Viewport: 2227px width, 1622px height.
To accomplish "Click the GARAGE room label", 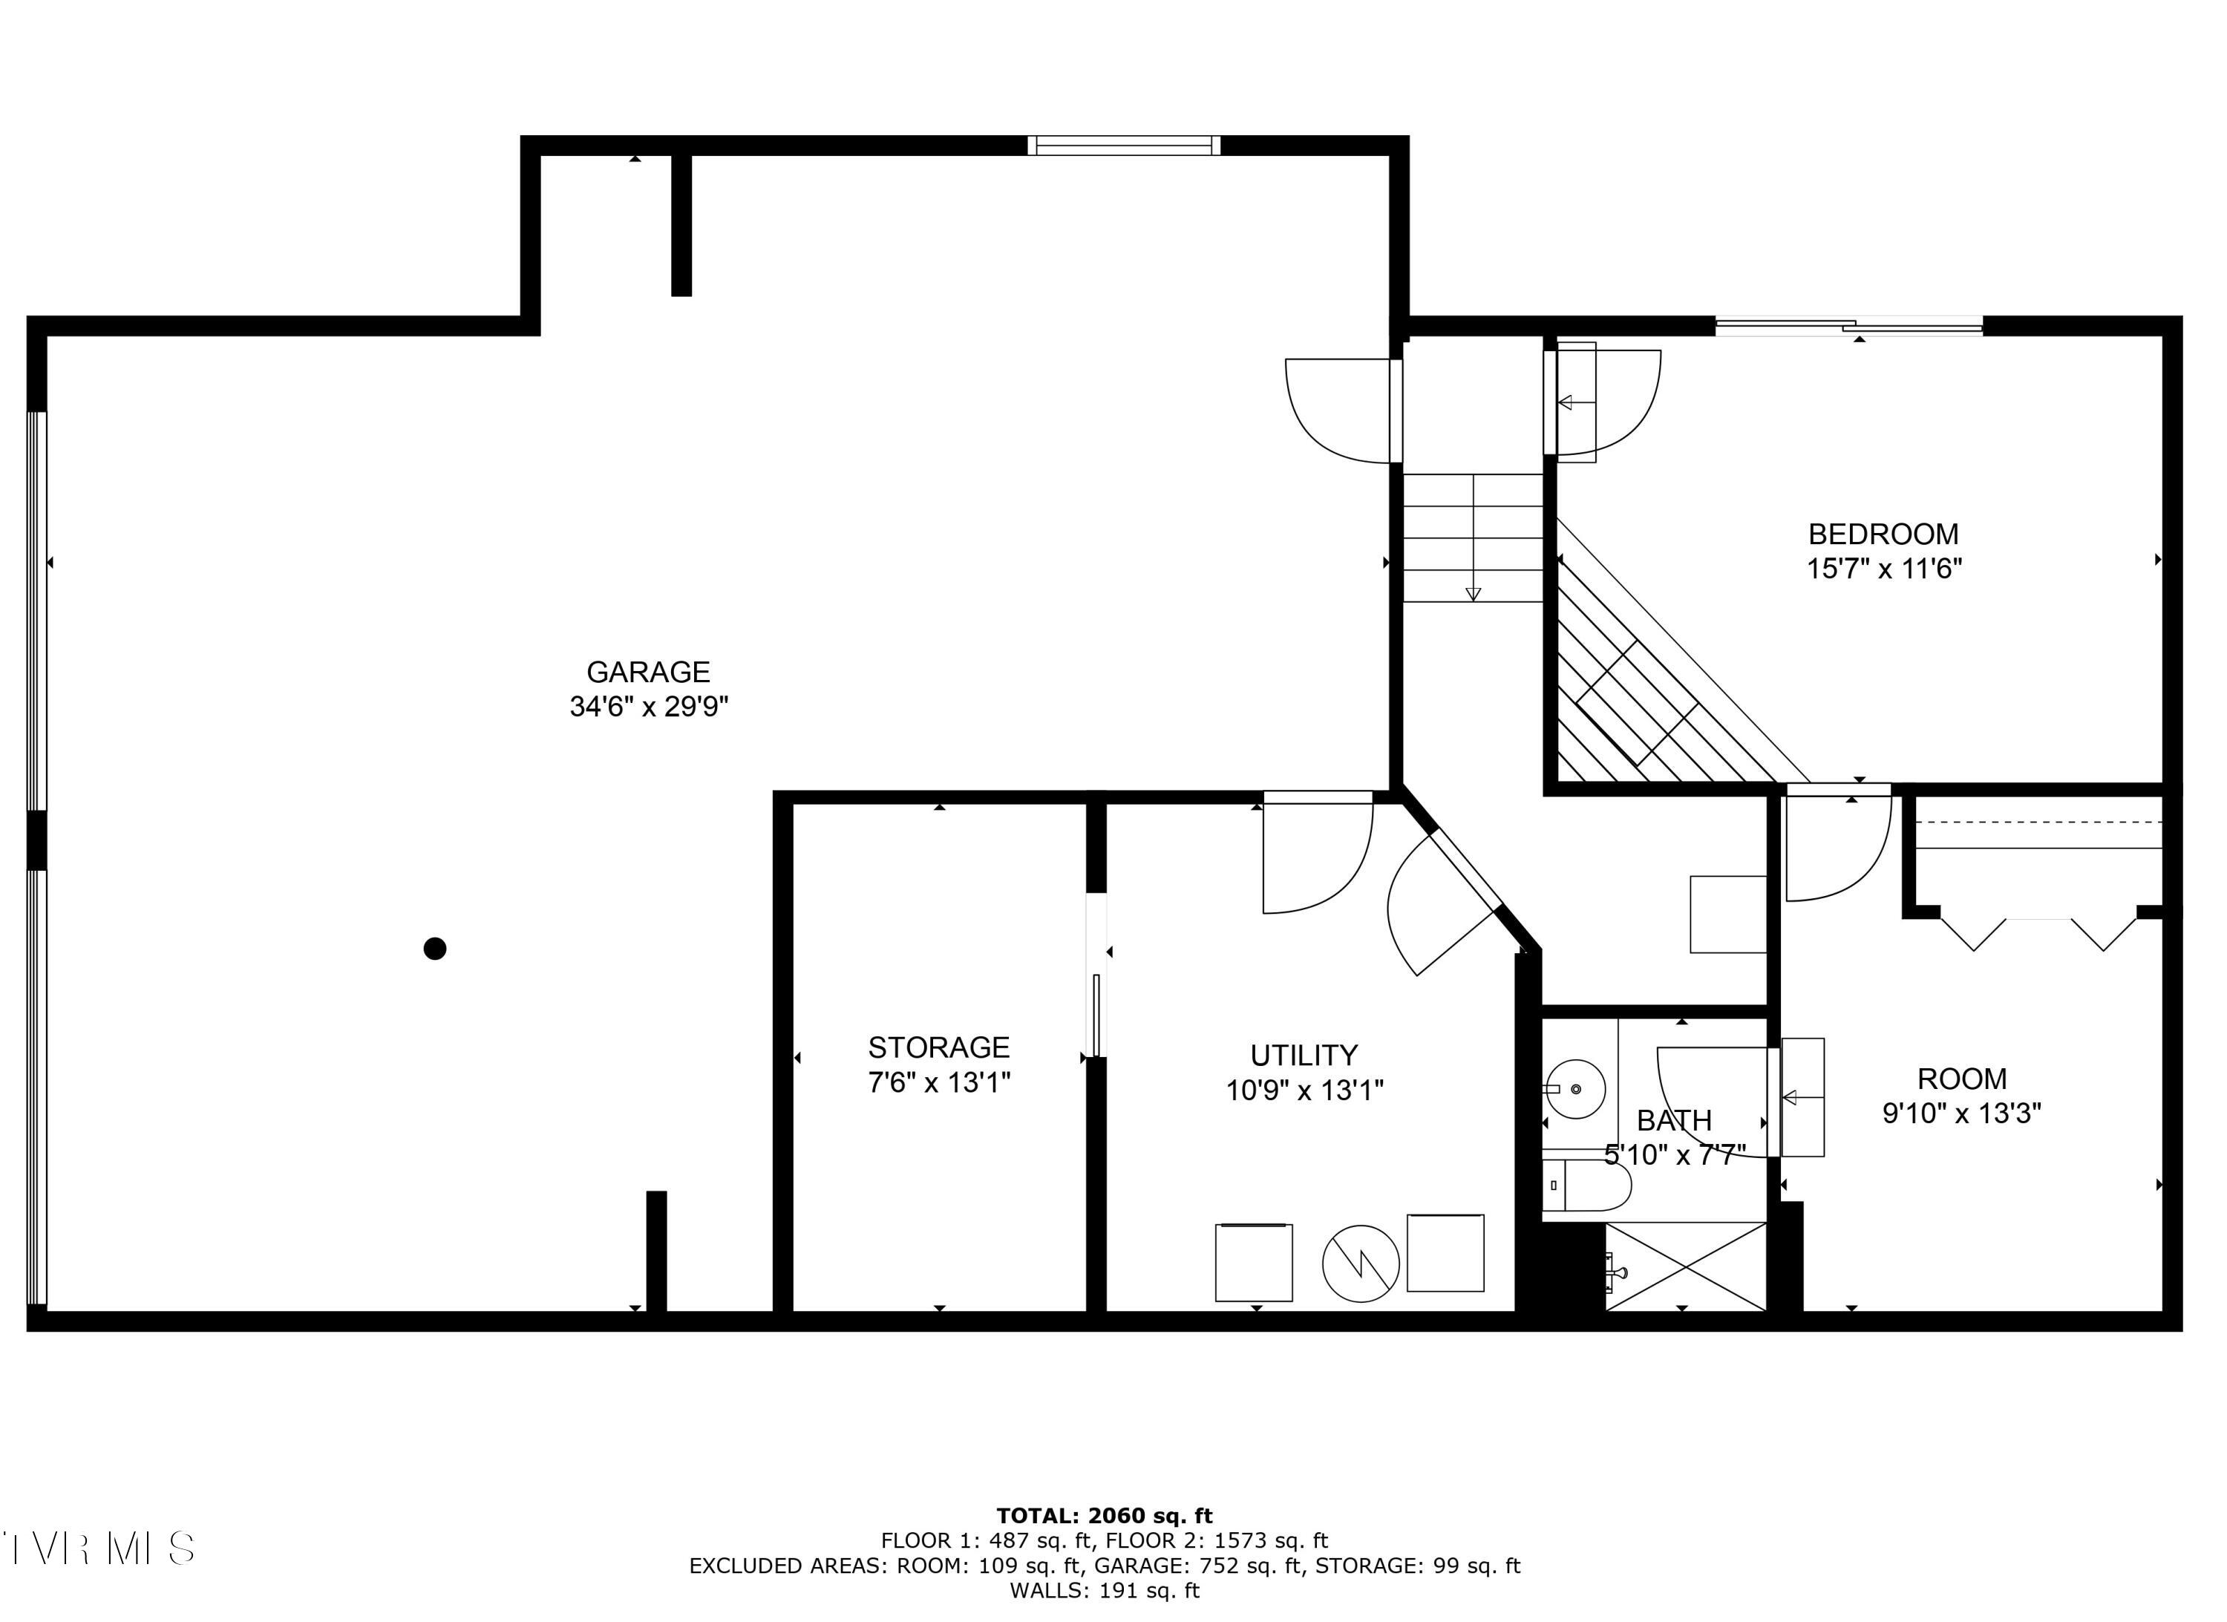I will pyautogui.click(x=648, y=673).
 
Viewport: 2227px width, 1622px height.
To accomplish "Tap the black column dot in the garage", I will pyautogui.click(x=435, y=949).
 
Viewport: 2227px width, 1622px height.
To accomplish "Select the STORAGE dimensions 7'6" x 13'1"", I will pyautogui.click(x=939, y=1082).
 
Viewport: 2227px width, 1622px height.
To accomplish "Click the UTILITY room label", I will pyautogui.click(x=1304, y=1056).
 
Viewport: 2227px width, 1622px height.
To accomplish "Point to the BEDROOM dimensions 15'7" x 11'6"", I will pyautogui.click(x=1883, y=569).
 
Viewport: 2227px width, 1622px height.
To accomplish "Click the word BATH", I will pyautogui.click(x=1674, y=1120).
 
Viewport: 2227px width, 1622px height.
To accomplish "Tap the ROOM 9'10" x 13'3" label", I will pyautogui.click(x=1961, y=1096).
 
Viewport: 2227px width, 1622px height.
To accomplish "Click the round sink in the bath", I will pyautogui.click(x=1575, y=1089).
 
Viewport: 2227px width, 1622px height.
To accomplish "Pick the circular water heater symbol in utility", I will pyautogui.click(x=1360, y=1263).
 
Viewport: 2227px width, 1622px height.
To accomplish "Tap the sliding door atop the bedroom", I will pyautogui.click(x=1848, y=326).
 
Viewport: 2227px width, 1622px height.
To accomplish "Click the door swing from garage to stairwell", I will pyautogui.click(x=1341, y=411).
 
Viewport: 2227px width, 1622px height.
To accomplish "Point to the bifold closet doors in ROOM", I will pyautogui.click(x=2038, y=931).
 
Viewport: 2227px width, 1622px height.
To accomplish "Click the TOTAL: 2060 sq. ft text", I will pyautogui.click(x=1105, y=1516).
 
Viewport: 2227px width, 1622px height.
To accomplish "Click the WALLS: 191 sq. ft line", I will pyautogui.click(x=1105, y=1591).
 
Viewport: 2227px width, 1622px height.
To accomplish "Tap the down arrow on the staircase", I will pyautogui.click(x=1473, y=592).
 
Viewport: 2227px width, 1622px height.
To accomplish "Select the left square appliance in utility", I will pyautogui.click(x=1254, y=1263).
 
